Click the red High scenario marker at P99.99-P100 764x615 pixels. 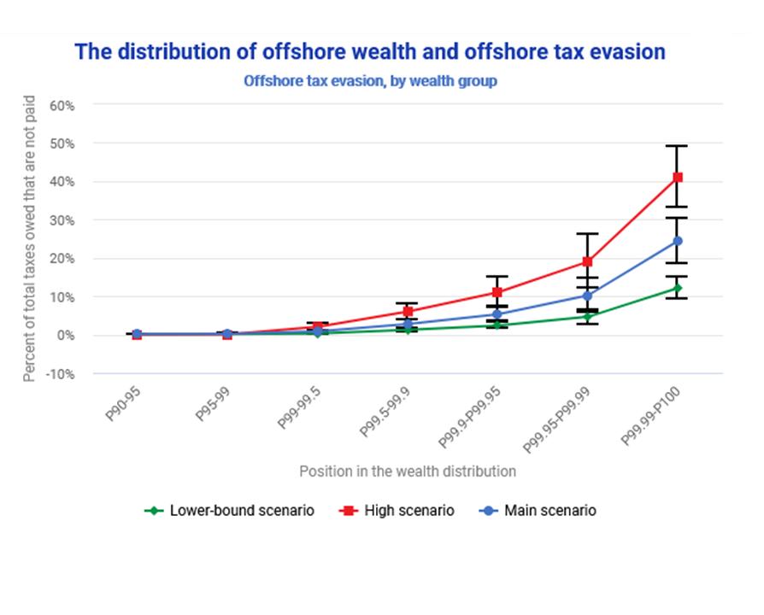coord(678,177)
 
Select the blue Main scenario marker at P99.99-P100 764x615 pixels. coord(678,241)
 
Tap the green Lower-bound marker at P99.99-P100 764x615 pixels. coord(678,288)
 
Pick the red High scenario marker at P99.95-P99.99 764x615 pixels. coord(587,261)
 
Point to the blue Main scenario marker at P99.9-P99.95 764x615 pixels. coord(497,314)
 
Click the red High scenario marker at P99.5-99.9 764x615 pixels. coord(408,311)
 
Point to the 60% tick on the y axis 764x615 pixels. coord(63,105)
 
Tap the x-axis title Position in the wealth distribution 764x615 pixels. coord(408,471)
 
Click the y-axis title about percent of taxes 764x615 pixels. coord(30,239)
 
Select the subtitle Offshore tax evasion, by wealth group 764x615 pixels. coord(370,82)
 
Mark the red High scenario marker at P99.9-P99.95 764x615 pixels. coord(497,292)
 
